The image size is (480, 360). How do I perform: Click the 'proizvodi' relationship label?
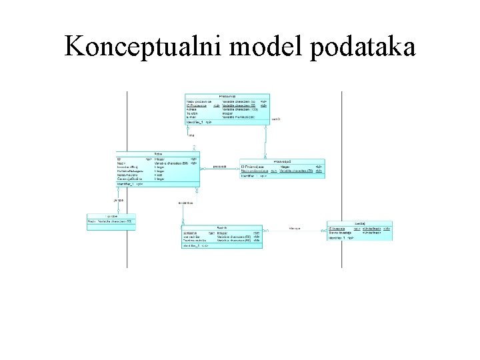[221, 167]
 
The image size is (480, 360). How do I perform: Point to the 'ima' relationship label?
[191, 135]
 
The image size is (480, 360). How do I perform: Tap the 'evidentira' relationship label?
[186, 202]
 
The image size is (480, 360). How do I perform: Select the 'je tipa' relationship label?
[118, 199]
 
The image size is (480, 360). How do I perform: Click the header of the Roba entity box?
[157, 154]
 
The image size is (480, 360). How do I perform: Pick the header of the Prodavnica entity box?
[227, 96]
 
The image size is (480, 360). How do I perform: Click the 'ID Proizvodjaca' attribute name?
[255, 166]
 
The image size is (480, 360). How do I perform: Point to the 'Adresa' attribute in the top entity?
[192, 109]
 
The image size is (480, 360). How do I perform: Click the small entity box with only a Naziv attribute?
[111, 220]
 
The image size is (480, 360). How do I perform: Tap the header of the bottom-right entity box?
[359, 224]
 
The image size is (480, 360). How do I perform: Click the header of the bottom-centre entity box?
[222, 227]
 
